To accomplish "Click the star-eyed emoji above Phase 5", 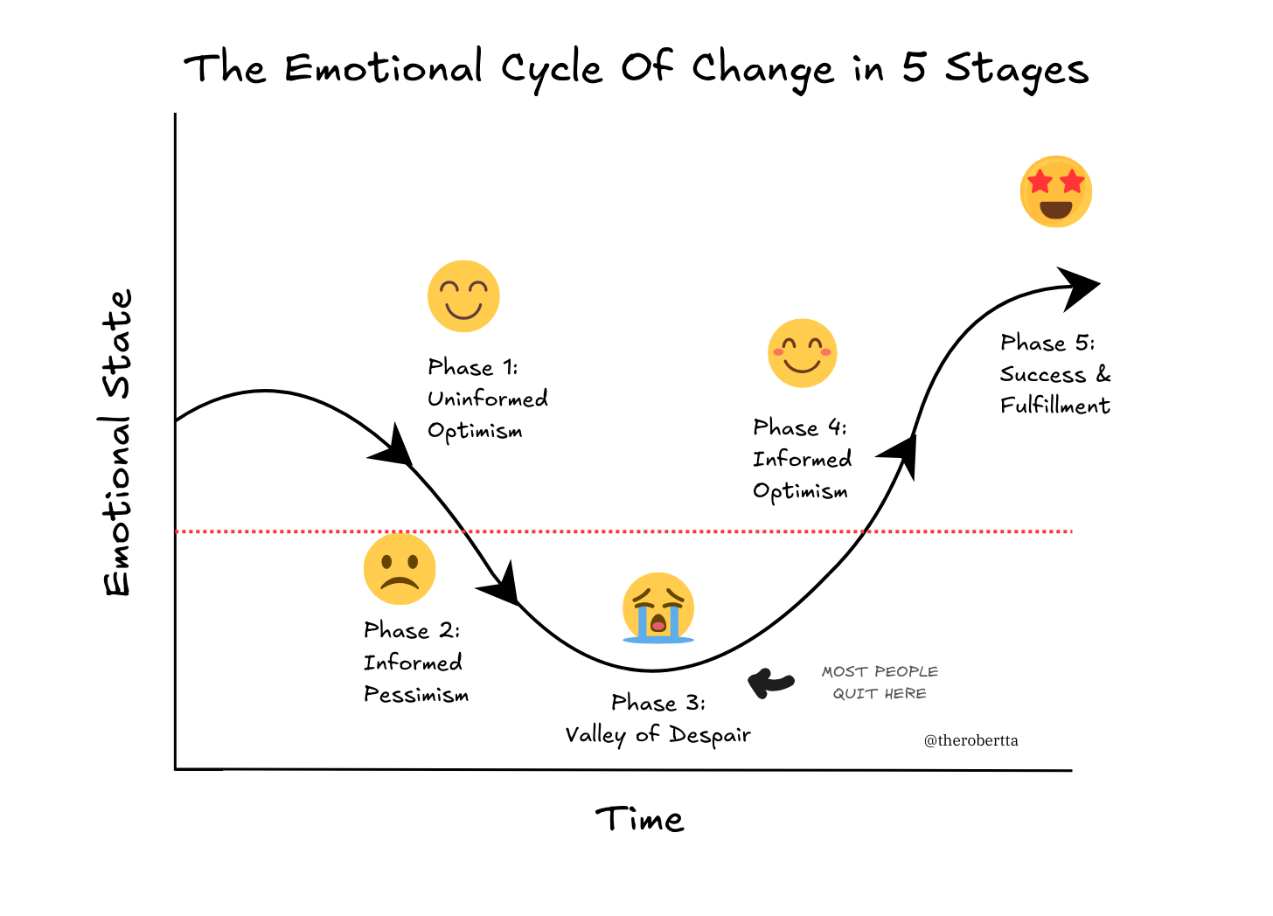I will click(x=1056, y=192).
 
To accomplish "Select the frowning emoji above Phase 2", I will click(x=400, y=569).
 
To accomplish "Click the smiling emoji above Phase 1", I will click(x=463, y=296).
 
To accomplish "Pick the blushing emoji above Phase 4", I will click(x=803, y=353).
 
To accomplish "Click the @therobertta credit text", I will click(x=970, y=740).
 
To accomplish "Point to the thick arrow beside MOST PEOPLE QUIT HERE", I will click(x=770, y=682).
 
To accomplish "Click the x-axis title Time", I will click(x=639, y=820).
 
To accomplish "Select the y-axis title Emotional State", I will click(x=118, y=442).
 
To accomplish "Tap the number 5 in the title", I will click(x=914, y=67).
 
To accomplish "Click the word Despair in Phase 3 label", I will click(x=710, y=735).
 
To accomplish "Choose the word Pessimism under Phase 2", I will click(x=416, y=695).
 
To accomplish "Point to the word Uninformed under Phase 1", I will click(x=488, y=399).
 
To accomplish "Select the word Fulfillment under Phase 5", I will click(x=1055, y=406).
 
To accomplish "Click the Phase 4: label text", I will click(x=800, y=427).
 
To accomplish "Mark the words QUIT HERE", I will click(x=880, y=693).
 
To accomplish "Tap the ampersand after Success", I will click(x=1103, y=374).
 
